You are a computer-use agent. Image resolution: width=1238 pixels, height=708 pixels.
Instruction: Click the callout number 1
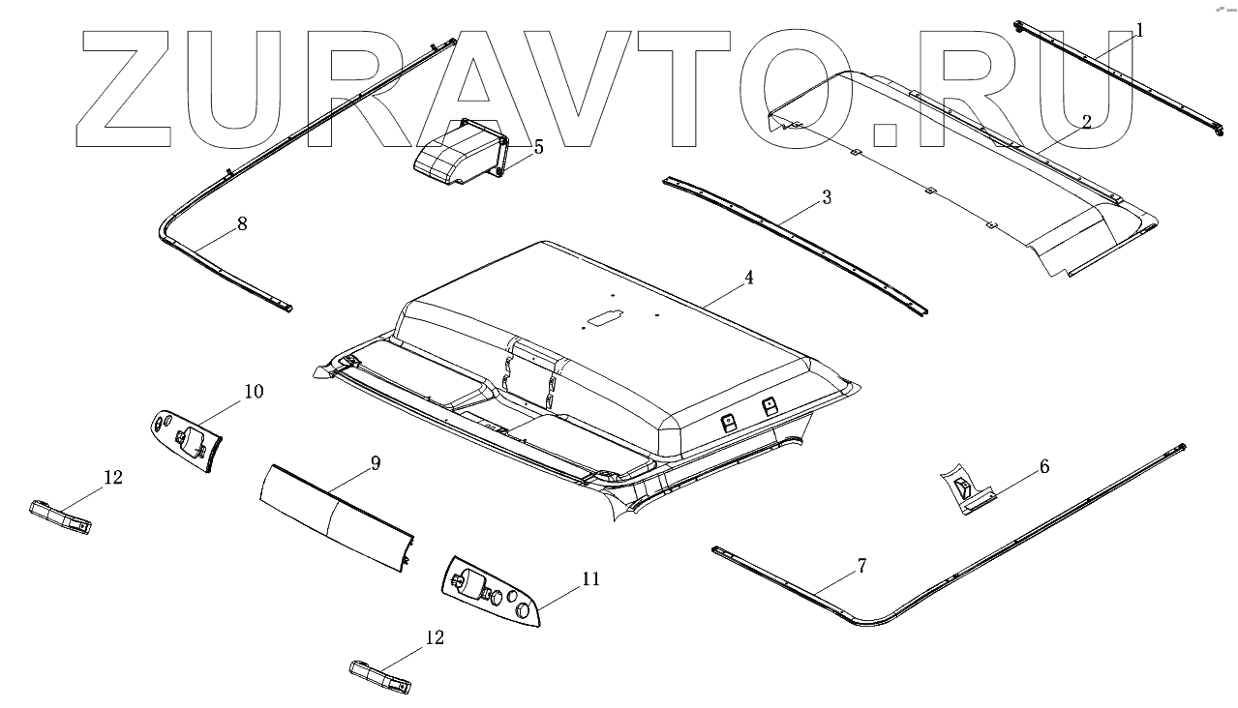1139,31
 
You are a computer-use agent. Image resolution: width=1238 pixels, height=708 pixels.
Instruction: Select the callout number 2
1087,122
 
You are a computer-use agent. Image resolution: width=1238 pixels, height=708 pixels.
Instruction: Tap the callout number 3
826,197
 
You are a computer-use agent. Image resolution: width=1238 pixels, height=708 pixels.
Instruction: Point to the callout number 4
748,278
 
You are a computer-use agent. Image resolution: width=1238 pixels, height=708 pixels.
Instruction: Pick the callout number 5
538,147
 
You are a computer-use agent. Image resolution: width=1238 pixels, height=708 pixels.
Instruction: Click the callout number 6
1043,466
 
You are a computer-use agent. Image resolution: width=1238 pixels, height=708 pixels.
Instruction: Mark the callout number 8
241,223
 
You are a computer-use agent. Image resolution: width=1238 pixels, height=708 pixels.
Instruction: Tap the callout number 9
375,463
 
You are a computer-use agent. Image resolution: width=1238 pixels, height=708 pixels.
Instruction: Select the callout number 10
253,392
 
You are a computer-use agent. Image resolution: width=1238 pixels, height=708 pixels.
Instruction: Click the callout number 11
590,579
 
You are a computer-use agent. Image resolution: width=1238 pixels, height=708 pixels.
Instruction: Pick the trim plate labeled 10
188,441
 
